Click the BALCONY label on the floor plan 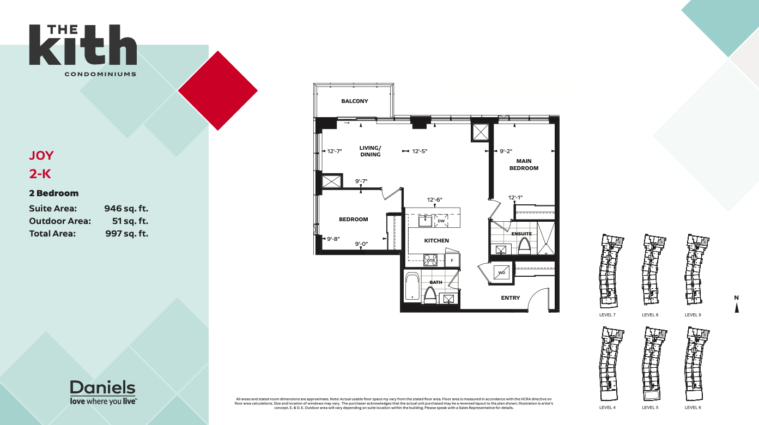pyautogui.click(x=355, y=101)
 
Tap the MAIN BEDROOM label pyautogui.click(x=524, y=165)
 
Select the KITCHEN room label pyautogui.click(x=436, y=240)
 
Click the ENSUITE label pyautogui.click(x=521, y=234)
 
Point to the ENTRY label pyautogui.click(x=511, y=298)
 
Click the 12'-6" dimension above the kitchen pyautogui.click(x=434, y=200)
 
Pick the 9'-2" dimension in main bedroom pyautogui.click(x=506, y=151)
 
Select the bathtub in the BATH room pyautogui.click(x=412, y=287)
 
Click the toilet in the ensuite pyautogui.click(x=525, y=246)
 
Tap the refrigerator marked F pyautogui.click(x=452, y=260)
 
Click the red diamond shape pyautogui.click(x=218, y=90)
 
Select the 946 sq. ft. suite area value pyautogui.click(x=126, y=208)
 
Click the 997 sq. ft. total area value pyautogui.click(x=126, y=234)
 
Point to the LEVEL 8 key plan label pyautogui.click(x=650, y=315)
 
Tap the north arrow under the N pyautogui.click(x=737, y=308)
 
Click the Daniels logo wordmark pyautogui.click(x=102, y=388)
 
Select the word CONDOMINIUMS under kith pyautogui.click(x=100, y=74)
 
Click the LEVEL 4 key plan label pyautogui.click(x=608, y=408)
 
